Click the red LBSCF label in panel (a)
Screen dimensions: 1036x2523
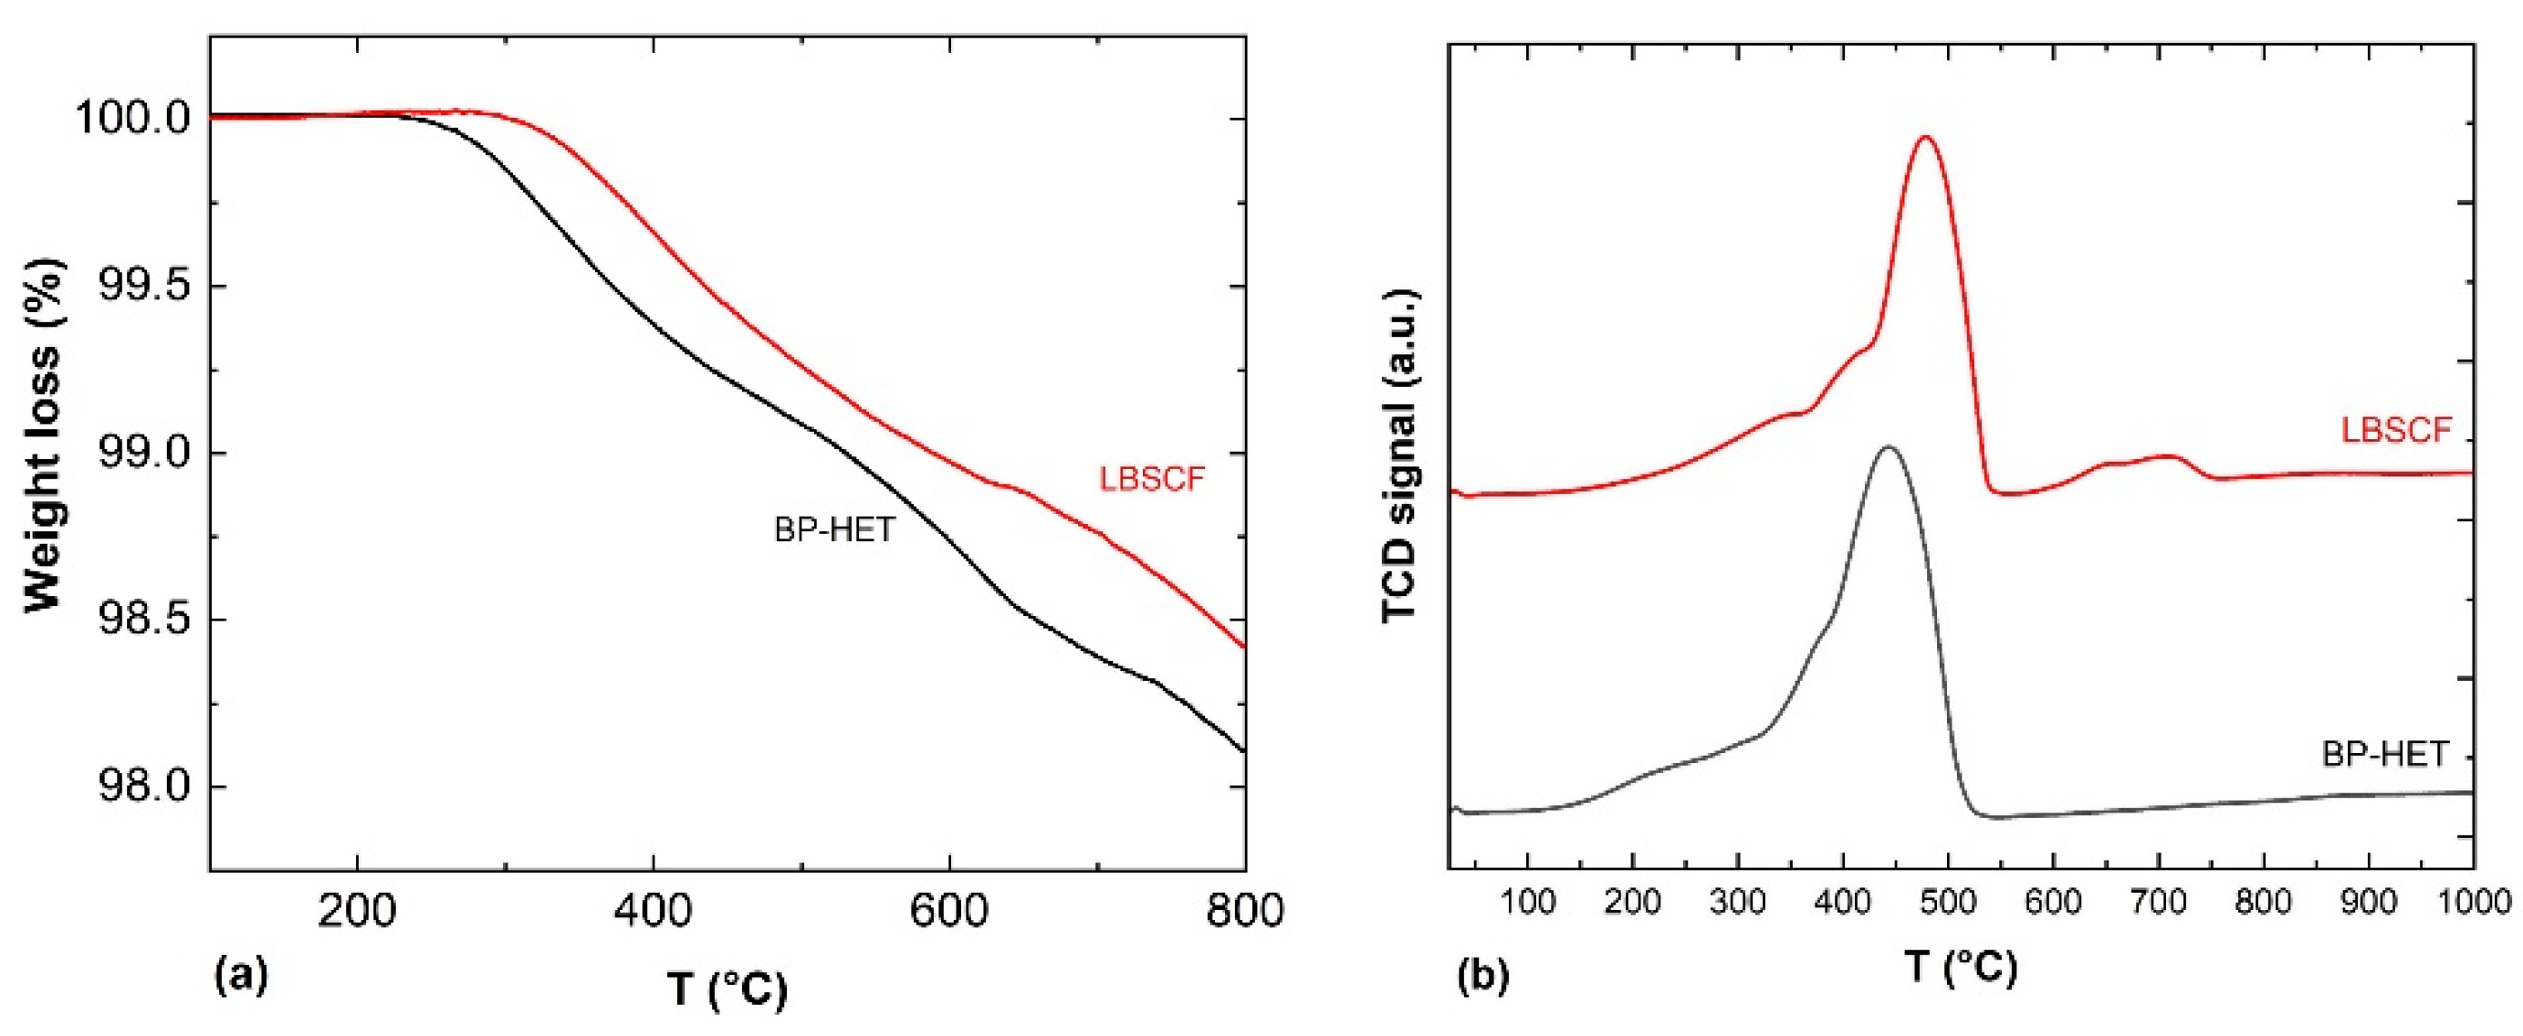click(x=1152, y=480)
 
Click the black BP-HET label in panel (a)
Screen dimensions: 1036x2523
click(x=834, y=530)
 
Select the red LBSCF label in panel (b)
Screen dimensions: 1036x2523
click(x=2396, y=430)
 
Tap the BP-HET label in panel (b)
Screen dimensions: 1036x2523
click(x=2385, y=754)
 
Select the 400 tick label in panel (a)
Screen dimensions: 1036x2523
click(x=654, y=911)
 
